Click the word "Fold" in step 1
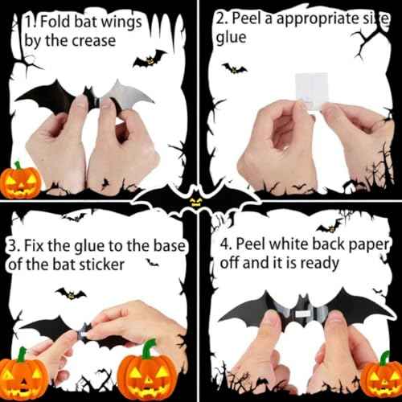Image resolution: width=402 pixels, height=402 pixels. pyautogui.click(x=55, y=21)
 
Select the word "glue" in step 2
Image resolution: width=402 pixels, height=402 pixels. pyautogui.click(x=231, y=38)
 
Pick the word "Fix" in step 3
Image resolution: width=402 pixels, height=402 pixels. pyautogui.click(x=33, y=245)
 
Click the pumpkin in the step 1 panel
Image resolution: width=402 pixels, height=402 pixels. pyautogui.click(x=20, y=180)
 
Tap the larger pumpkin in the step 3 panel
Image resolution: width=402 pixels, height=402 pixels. pyautogui.click(x=147, y=371)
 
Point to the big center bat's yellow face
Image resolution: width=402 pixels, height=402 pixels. pyautogui.click(x=195, y=203)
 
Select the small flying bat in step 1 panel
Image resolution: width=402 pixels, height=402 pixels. pyautogui.click(x=150, y=59)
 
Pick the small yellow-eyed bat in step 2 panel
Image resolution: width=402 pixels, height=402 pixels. pyautogui.click(x=234, y=68)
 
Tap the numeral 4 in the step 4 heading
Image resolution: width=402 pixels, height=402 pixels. pyautogui.click(x=224, y=244)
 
